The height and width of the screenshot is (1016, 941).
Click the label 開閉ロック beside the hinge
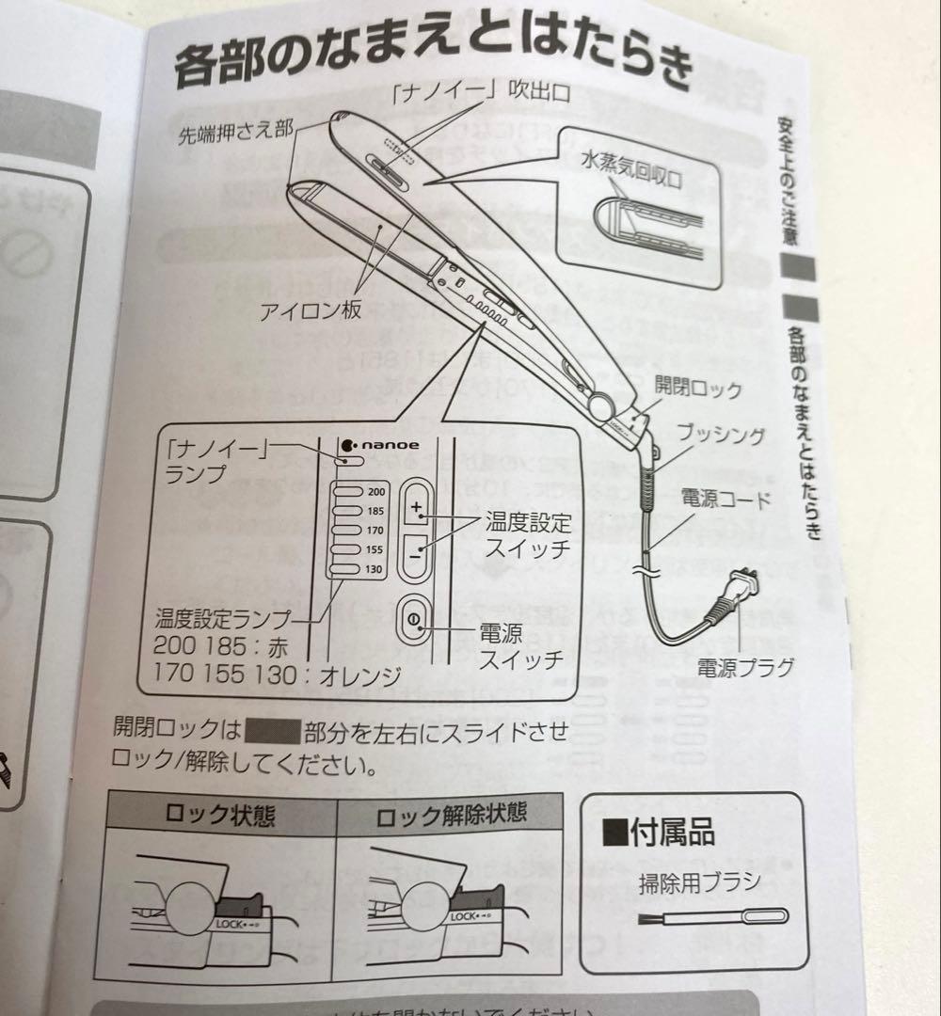click(699, 387)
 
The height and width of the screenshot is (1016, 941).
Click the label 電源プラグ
click(745, 666)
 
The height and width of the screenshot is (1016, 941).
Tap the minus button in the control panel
click(415, 555)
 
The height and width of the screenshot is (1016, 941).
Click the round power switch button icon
click(415, 618)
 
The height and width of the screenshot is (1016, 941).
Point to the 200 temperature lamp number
click(376, 493)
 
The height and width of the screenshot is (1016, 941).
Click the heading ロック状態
click(220, 815)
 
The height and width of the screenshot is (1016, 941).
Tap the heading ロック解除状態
click(451, 815)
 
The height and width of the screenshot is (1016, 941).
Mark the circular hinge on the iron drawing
click(601, 406)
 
